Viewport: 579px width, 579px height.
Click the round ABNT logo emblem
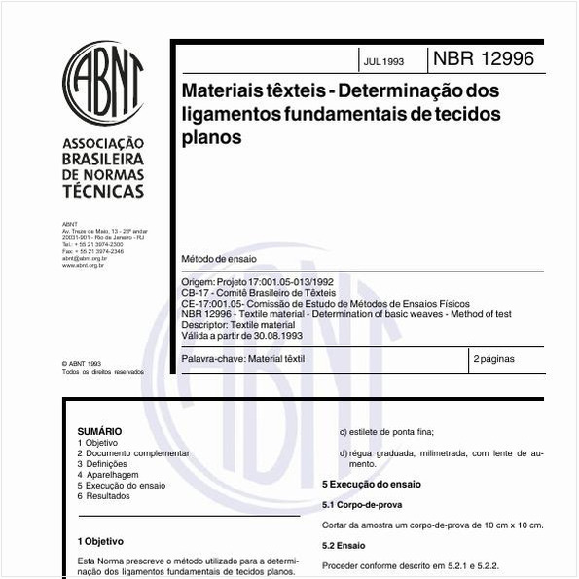coord(103,83)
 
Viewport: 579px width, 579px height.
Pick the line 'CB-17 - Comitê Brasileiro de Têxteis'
coord(259,292)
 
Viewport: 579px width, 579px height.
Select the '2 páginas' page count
coord(494,359)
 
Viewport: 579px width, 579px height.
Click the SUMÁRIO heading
coord(99,431)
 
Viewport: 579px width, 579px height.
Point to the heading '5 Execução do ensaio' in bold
coord(372,484)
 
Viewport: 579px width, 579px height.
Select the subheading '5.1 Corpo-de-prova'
coord(362,505)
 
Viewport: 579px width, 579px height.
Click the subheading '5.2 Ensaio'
coord(344,545)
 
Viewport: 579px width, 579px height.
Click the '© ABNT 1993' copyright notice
coord(81,363)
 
